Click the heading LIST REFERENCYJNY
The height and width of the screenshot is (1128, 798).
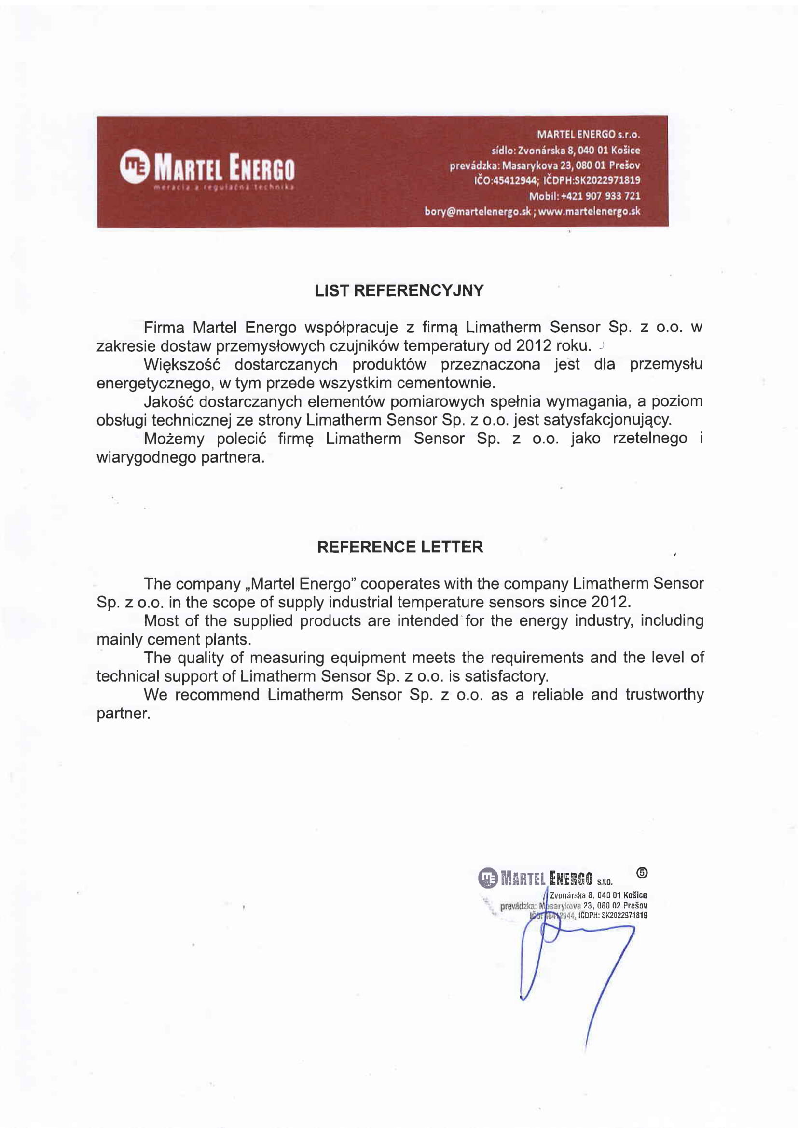click(399, 291)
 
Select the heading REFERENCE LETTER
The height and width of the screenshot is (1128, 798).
click(400, 547)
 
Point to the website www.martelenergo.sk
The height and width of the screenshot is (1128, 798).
click(589, 211)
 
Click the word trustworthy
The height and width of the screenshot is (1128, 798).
click(664, 695)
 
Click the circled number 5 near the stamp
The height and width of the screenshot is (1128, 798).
click(642, 873)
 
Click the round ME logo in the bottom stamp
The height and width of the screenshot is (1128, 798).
click(488, 878)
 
